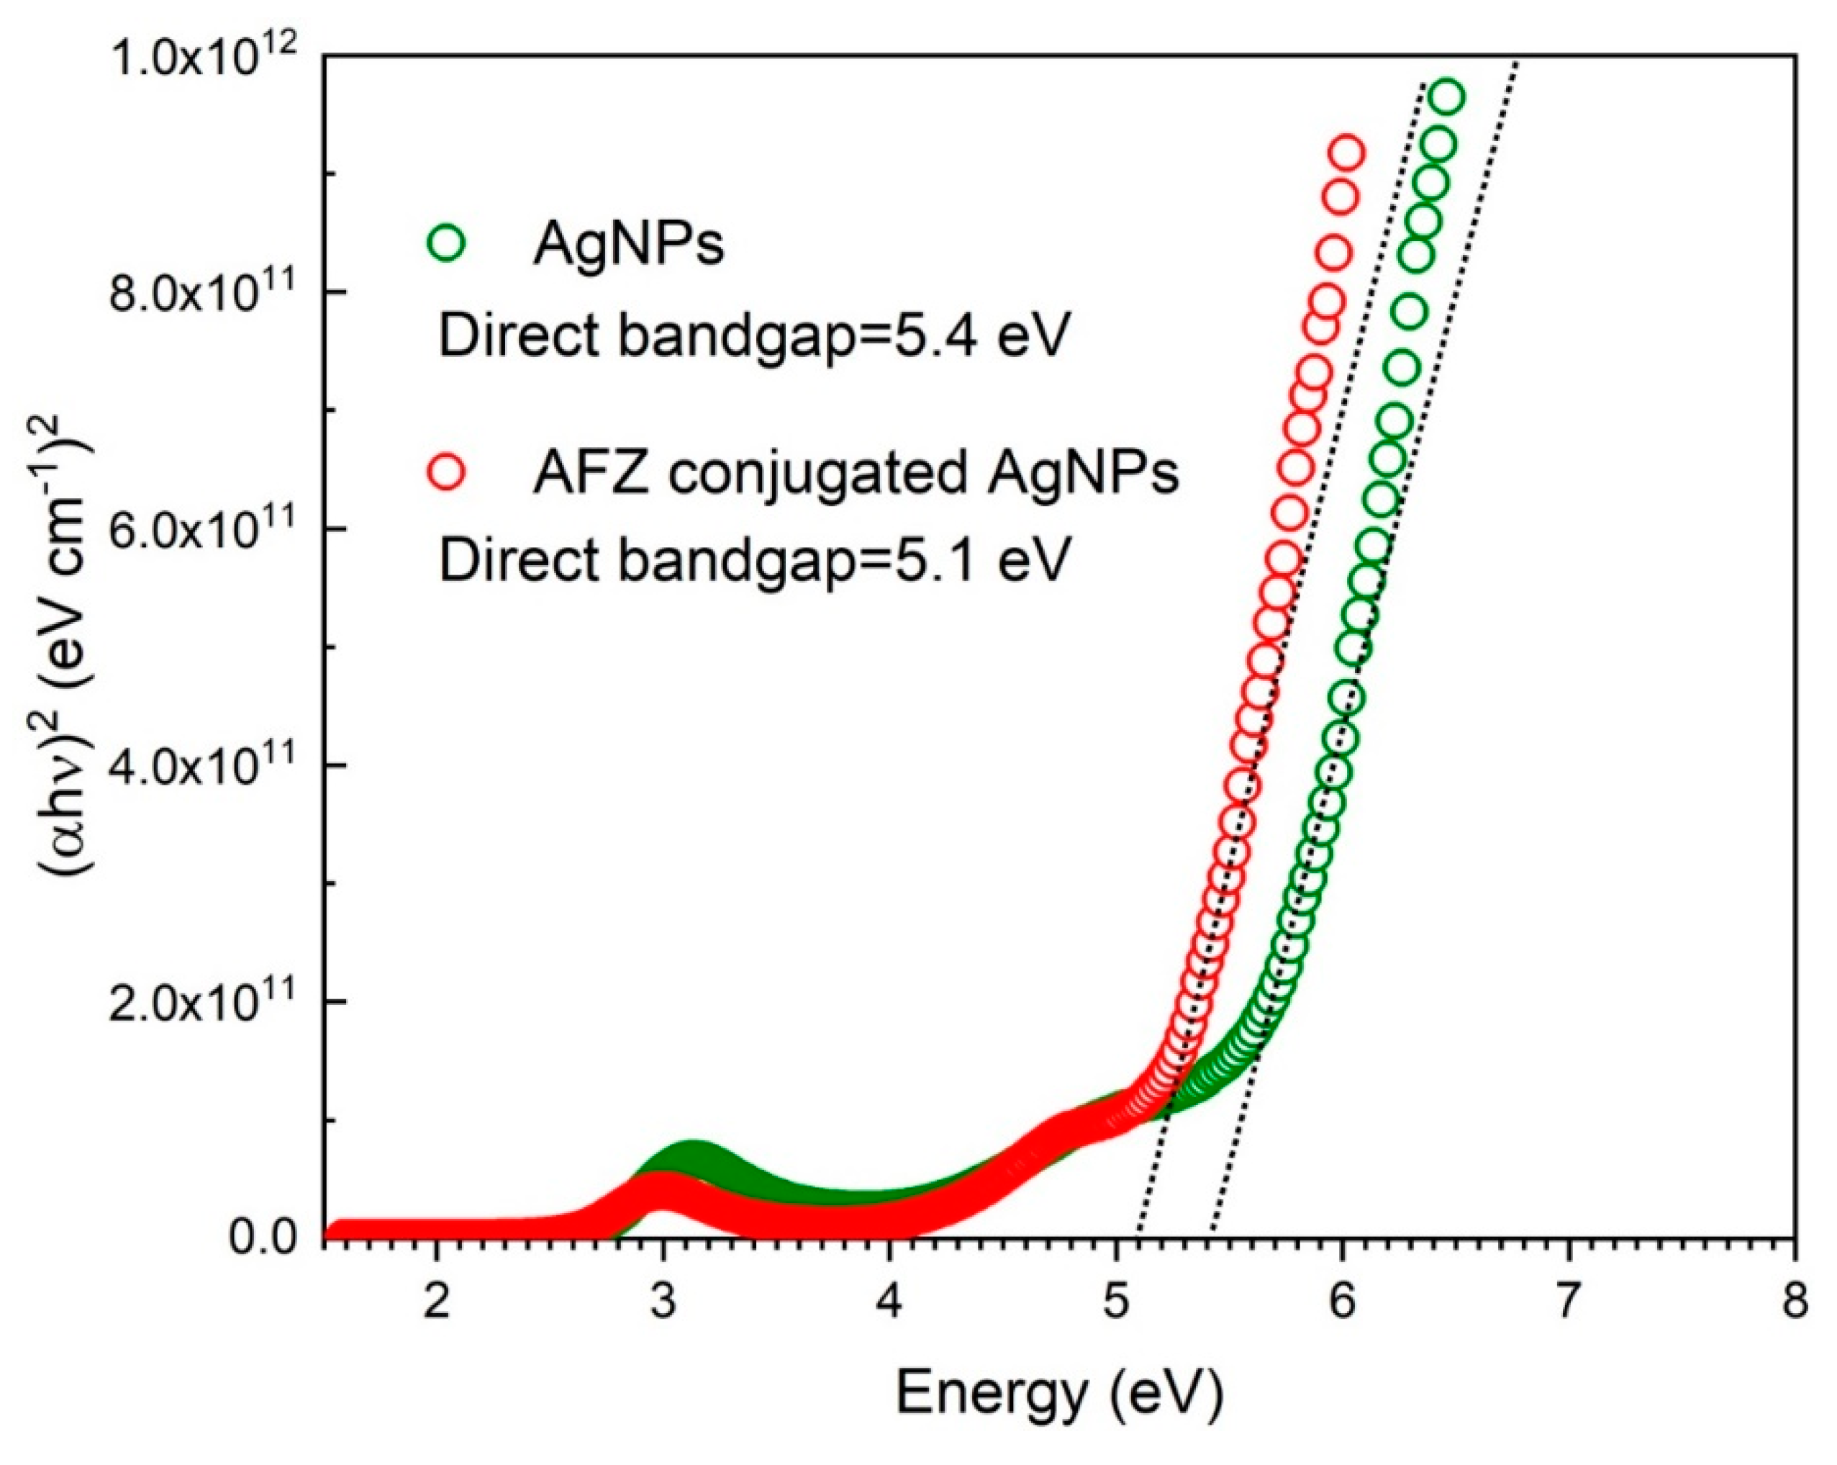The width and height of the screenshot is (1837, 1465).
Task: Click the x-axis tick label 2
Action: [436, 1302]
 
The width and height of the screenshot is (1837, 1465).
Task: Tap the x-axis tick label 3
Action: [663, 1302]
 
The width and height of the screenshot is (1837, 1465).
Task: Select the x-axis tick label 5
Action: [1116, 1302]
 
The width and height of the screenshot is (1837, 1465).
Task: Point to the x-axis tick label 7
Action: [1569, 1302]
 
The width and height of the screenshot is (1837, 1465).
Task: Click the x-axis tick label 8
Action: [1795, 1302]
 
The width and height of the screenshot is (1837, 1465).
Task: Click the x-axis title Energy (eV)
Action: [1059, 1395]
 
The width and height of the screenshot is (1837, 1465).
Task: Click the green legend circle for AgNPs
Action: [445, 243]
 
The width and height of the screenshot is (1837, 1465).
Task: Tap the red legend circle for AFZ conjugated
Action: [445, 472]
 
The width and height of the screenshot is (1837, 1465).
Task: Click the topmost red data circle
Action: [1347, 154]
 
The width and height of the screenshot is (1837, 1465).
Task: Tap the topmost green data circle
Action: [1447, 97]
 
